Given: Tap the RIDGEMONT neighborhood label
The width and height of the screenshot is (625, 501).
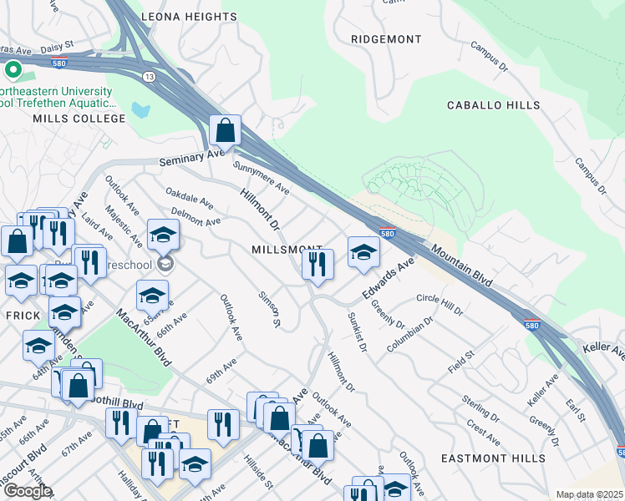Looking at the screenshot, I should tap(386, 39).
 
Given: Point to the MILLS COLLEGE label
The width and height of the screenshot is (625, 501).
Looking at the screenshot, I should tap(79, 119).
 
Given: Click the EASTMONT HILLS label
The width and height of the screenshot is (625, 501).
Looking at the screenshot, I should tap(504, 458).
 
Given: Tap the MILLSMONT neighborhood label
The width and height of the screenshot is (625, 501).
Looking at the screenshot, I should tap(287, 250).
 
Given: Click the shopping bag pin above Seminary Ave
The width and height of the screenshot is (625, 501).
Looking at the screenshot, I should tap(226, 130).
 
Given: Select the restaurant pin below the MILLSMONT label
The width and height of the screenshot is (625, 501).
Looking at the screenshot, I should tap(318, 264).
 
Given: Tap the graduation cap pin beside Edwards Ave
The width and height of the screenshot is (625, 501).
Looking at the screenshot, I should tap(363, 252).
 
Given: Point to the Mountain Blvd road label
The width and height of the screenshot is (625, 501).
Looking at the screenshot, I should tap(460, 261).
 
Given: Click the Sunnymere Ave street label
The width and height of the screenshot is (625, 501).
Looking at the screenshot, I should tap(262, 180).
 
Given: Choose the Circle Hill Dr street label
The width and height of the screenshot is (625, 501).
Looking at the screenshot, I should tap(439, 304).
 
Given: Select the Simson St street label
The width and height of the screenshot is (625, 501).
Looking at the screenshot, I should tap(268, 309).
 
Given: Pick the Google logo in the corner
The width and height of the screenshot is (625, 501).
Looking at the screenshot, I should tap(28, 491).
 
